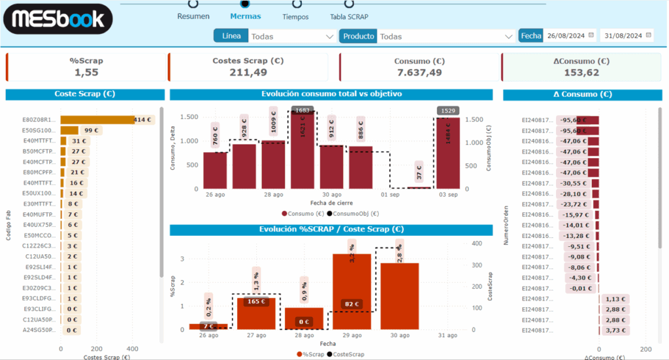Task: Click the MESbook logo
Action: pos(58,18)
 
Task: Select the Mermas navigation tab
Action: pos(246,16)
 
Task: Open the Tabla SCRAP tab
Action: pos(349,16)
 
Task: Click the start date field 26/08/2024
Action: pos(566,35)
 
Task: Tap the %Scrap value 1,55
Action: pos(86,73)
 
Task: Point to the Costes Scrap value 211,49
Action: pos(248,73)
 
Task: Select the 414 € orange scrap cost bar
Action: pos(97,120)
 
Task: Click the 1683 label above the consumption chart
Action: pos(302,110)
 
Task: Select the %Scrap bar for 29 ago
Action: pos(351,291)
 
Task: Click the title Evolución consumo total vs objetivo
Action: pos(331,94)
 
